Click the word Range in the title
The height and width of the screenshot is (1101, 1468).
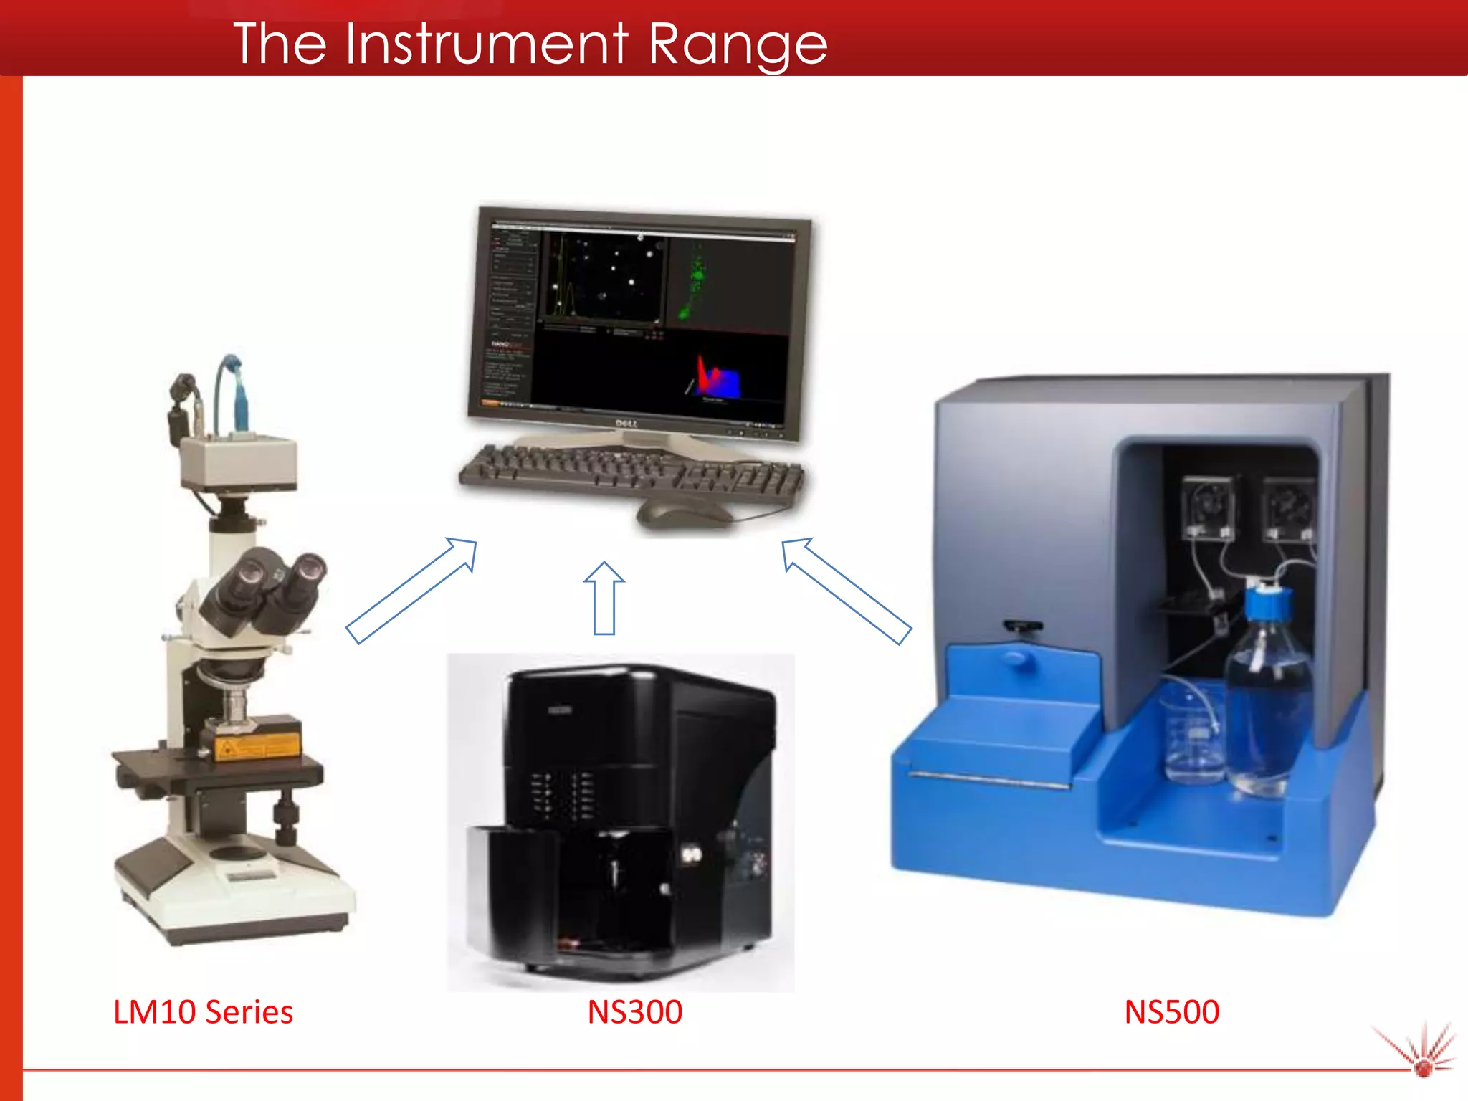[738, 44]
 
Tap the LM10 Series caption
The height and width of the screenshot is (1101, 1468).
[203, 1011]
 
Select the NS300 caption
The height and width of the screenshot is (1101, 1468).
[634, 1011]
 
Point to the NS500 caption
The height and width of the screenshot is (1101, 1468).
[1171, 1011]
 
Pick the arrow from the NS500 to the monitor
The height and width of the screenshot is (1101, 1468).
[846, 591]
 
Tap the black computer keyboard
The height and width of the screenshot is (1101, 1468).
[631, 472]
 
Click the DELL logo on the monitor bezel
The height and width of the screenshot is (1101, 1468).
[626, 424]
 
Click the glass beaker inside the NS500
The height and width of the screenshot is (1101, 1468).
[1193, 738]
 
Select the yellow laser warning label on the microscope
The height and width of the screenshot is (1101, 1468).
[257, 745]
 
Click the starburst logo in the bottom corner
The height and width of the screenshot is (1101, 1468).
[1422, 1054]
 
